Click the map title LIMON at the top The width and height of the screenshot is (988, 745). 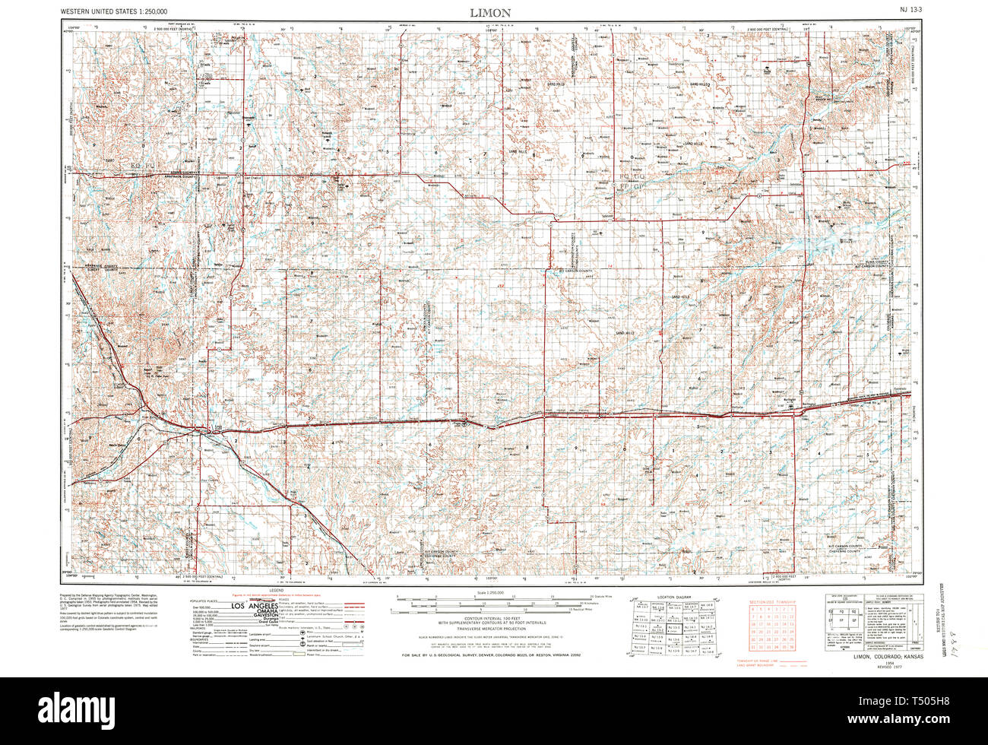pos(490,13)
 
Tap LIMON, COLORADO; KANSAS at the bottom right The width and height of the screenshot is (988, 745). pos(888,656)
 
